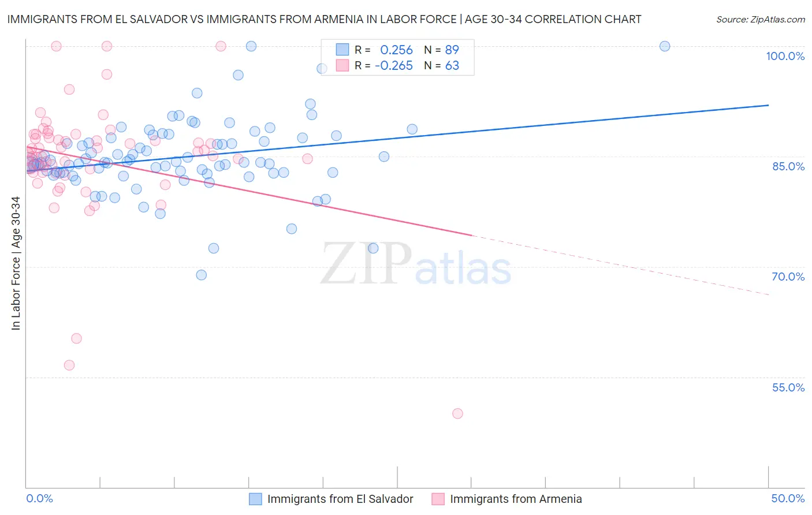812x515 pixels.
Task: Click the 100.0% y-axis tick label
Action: pyautogui.click(x=785, y=56)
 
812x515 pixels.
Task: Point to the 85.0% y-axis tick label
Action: pyautogui.click(x=788, y=166)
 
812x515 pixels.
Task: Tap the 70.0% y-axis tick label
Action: pyautogui.click(x=788, y=277)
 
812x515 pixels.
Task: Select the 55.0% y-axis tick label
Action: pyautogui.click(x=788, y=387)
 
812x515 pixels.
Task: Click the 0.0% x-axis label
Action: pyautogui.click(x=39, y=498)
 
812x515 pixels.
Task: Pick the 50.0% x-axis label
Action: pyautogui.click(x=788, y=498)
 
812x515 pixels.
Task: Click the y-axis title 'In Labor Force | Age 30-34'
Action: pyautogui.click(x=16, y=263)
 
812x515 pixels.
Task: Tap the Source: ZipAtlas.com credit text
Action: pyautogui.click(x=760, y=20)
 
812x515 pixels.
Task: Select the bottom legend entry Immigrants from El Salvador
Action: pyautogui.click(x=340, y=499)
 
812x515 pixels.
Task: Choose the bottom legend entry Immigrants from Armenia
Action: pyautogui.click(x=516, y=499)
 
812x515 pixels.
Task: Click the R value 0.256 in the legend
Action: pyautogui.click(x=396, y=50)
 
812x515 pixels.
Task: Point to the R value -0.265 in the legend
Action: pyautogui.click(x=393, y=66)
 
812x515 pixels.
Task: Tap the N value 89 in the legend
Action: pyautogui.click(x=452, y=50)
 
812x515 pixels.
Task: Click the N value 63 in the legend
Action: pyautogui.click(x=452, y=66)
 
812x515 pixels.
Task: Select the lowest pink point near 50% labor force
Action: pyautogui.click(x=457, y=413)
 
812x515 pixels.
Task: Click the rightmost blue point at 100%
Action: pyautogui.click(x=665, y=46)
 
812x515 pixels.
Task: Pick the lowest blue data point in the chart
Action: pyautogui.click(x=202, y=275)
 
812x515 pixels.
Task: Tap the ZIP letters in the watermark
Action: pyautogui.click(x=366, y=264)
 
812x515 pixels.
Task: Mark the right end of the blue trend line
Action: pyautogui.click(x=769, y=105)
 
